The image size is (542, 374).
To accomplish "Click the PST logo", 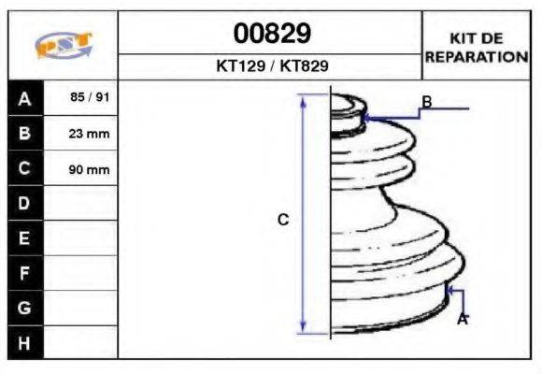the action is coord(64,45).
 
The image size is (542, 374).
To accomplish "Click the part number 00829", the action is coord(272,34).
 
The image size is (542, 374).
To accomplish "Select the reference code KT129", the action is coord(240,65).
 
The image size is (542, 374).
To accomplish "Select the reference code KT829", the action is coord(304,65).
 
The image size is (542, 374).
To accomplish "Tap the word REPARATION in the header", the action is coord(477,57).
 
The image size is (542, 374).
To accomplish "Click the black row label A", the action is coord(25,98).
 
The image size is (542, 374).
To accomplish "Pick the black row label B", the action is coord(25,133).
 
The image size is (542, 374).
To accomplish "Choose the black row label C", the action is coord(25,168).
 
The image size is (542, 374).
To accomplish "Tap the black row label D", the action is coord(25,203).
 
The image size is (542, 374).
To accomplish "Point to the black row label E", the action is coord(25,238).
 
